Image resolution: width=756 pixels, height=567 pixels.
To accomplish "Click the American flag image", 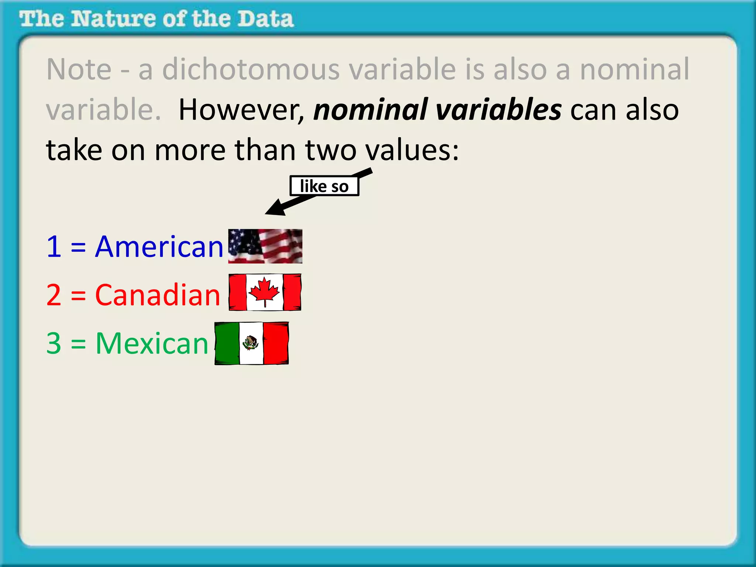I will click(265, 246).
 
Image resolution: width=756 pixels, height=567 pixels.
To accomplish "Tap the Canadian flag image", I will click(265, 292).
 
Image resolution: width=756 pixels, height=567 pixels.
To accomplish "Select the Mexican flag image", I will click(251, 343).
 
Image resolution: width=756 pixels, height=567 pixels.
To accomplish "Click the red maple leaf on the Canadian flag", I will click(264, 291).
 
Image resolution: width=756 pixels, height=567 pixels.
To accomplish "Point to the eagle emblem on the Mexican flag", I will click(251, 343).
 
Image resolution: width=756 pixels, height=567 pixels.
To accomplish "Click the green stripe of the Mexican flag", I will click(227, 343).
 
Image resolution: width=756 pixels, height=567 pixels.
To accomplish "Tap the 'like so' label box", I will click(324, 186).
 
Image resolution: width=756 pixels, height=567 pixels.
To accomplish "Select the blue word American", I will click(159, 247).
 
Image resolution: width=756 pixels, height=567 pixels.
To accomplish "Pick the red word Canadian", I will click(158, 295).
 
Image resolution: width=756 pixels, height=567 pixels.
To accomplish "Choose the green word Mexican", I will click(152, 343).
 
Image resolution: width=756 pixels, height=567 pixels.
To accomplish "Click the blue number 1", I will click(54, 247).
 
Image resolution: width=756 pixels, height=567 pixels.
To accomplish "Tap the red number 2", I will click(54, 295).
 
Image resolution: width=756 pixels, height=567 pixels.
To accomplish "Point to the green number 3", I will click(54, 343).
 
